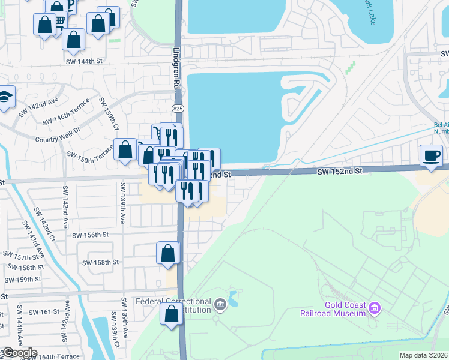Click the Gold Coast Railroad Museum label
pos(333,308)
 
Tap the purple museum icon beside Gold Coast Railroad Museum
pos(375,308)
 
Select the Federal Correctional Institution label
pos(173,305)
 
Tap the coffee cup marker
pos(431,156)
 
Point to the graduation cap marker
pos(5,97)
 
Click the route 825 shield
pos(178,109)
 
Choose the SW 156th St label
pos(90,235)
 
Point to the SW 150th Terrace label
pos(89,158)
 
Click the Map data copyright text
pos(423,355)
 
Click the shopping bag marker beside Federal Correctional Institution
pos(171,314)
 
